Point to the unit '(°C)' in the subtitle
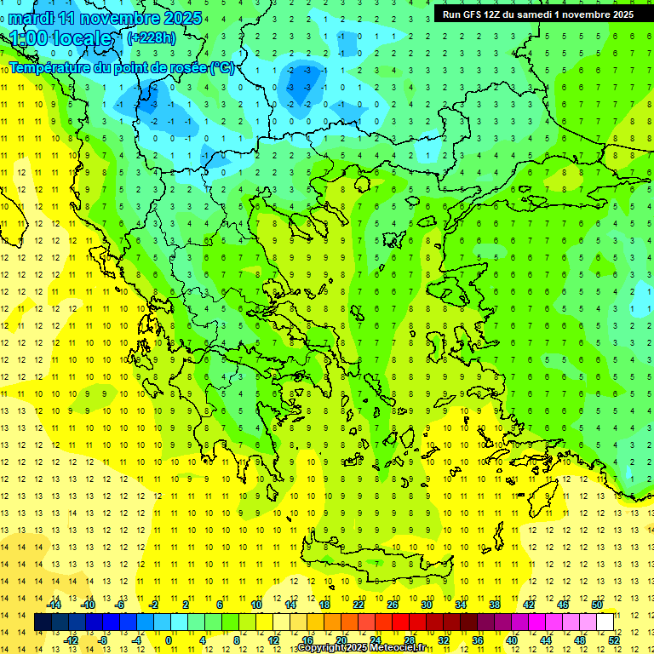[221, 67]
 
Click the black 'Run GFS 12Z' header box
[537, 14]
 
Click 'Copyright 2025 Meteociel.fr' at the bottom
[361, 648]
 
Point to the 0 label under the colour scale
[169, 640]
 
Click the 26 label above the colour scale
[393, 605]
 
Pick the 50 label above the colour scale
[596, 605]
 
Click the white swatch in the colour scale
[605, 622]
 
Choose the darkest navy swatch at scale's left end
[43, 622]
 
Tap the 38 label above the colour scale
[494, 605]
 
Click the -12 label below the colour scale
[72, 640]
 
